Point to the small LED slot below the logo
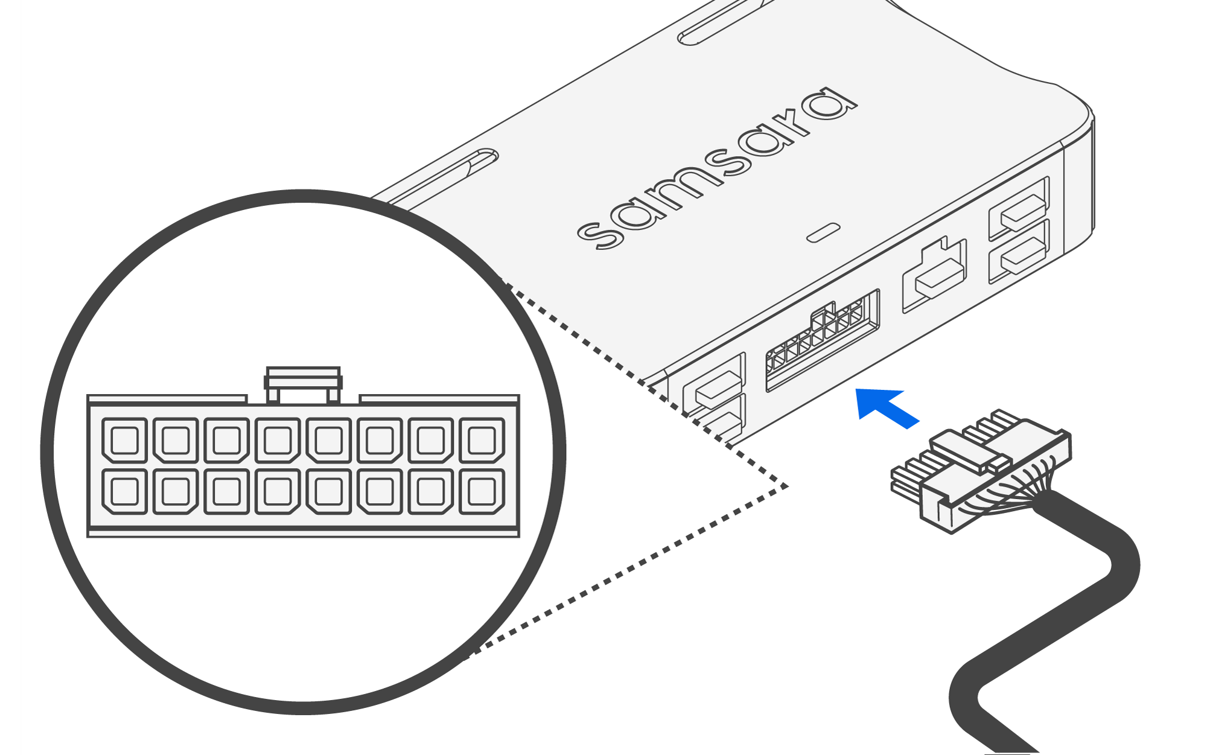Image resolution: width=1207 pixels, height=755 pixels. click(823, 232)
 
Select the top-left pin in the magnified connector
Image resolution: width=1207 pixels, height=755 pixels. click(124, 440)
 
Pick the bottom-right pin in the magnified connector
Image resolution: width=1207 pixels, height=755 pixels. click(482, 491)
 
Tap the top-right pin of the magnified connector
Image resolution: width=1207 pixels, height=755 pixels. click(482, 440)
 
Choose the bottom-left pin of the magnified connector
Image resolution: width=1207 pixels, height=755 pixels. click(124, 491)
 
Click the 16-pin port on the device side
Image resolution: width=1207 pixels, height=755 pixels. click(822, 341)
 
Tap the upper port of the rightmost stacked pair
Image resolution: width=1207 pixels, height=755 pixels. click(1019, 208)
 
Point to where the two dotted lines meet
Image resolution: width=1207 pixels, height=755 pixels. click(786, 486)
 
